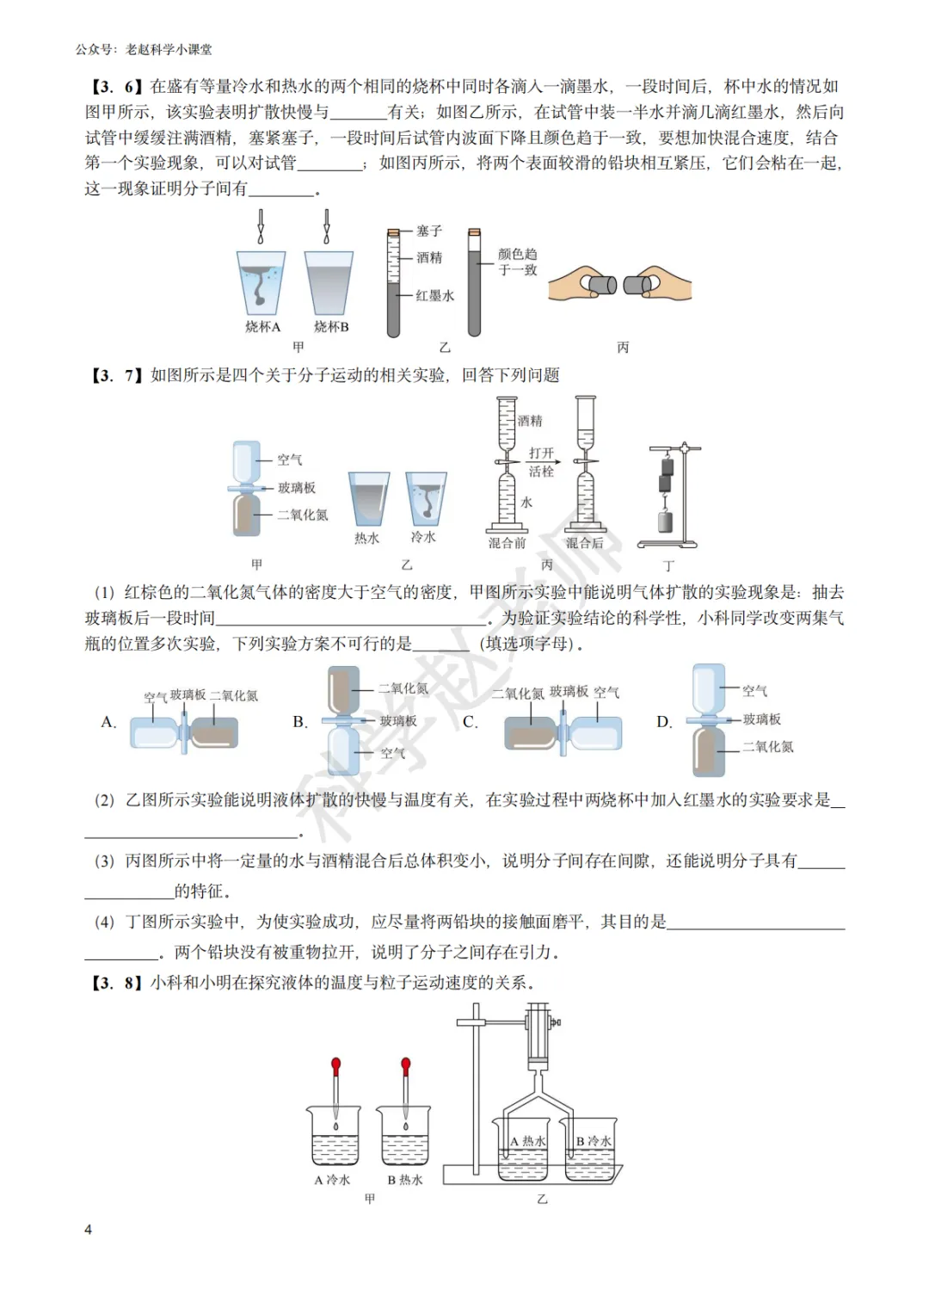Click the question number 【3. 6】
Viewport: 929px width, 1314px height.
click(x=115, y=86)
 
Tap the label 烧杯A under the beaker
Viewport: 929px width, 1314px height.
click(x=262, y=327)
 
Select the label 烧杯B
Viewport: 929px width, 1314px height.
click(x=331, y=327)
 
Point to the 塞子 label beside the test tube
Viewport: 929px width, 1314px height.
click(x=429, y=231)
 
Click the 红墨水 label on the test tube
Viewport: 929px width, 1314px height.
click(x=434, y=296)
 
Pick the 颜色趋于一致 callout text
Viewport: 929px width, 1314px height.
click(x=517, y=262)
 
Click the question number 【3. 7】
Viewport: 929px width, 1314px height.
click(x=115, y=375)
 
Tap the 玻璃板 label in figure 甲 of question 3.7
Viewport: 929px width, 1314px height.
click(x=297, y=488)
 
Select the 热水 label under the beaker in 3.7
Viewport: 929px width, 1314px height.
click(x=366, y=539)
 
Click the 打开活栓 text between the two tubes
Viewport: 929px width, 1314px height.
click(x=541, y=462)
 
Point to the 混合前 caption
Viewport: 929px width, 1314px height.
click(x=507, y=543)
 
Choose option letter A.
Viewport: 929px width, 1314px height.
click(x=108, y=722)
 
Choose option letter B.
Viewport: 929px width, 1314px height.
click(x=299, y=722)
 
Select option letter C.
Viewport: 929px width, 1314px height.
click(x=470, y=722)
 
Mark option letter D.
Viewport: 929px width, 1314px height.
click(x=664, y=722)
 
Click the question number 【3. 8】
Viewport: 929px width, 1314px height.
click(x=115, y=983)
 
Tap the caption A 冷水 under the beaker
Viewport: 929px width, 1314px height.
click(x=332, y=1180)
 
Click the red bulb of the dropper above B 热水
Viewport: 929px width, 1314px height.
click(x=406, y=1065)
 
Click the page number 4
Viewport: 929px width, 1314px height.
click(x=88, y=1230)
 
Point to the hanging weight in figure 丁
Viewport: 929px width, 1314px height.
click(x=664, y=521)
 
